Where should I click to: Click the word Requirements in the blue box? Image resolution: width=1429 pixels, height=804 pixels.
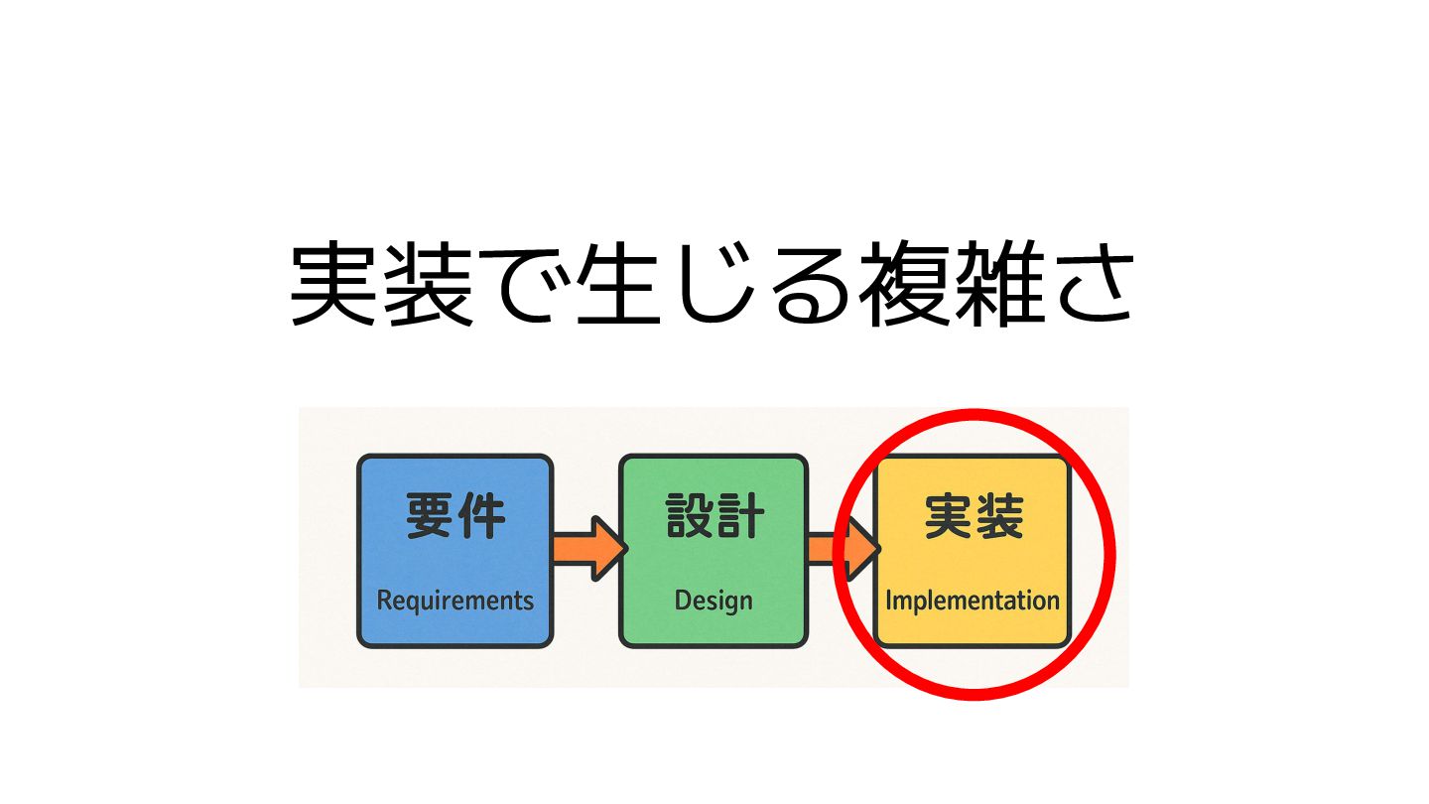[455, 601]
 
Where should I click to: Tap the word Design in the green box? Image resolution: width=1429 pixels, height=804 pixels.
[713, 601]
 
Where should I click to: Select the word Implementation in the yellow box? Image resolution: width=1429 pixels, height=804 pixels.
[972, 601]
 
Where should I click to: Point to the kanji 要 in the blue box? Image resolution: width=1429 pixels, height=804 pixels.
[430, 517]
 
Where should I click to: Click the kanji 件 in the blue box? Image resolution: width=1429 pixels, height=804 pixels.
[481, 517]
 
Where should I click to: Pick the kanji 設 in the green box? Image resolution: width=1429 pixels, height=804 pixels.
[689, 517]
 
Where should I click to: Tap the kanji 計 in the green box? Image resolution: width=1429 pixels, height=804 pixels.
[739, 517]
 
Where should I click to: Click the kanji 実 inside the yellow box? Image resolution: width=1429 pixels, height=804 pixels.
[948, 517]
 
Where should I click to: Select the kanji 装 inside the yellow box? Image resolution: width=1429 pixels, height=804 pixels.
[998, 517]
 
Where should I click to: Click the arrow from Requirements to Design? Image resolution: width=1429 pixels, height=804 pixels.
[587, 548]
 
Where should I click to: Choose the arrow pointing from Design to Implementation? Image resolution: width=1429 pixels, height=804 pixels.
[842, 548]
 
